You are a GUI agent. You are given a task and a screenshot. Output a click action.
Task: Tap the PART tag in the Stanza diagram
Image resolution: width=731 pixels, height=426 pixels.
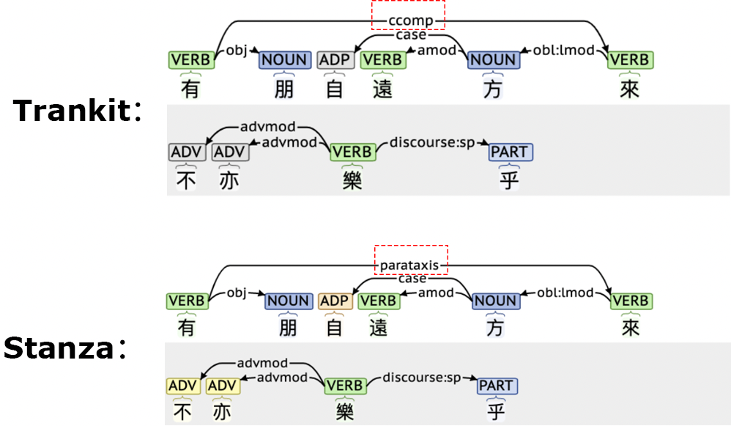click(x=497, y=385)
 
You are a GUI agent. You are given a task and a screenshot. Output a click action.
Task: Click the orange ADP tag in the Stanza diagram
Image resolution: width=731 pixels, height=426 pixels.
click(x=335, y=301)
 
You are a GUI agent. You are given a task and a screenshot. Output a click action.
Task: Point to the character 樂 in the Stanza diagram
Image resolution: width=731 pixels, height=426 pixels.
click(x=343, y=411)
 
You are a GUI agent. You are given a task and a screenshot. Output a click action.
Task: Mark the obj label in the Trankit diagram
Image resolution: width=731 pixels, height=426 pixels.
click(x=236, y=51)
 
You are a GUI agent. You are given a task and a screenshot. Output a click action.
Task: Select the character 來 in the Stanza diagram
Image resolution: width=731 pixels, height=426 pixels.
click(x=630, y=327)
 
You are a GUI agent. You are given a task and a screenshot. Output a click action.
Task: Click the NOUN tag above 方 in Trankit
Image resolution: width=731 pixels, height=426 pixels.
click(x=493, y=59)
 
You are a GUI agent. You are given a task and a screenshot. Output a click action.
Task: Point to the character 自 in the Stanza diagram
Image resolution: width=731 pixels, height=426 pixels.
click(x=335, y=327)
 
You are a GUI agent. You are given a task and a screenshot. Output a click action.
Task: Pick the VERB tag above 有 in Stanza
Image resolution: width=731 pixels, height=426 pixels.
click(x=187, y=301)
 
